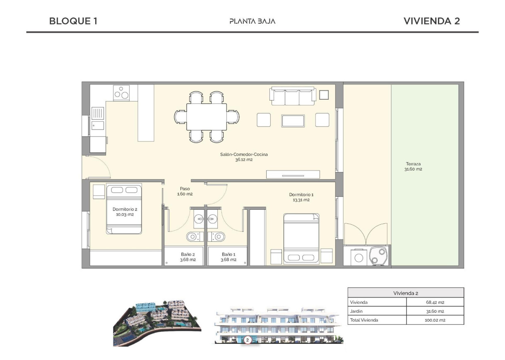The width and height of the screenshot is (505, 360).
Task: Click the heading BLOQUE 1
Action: pyautogui.click(x=73, y=21)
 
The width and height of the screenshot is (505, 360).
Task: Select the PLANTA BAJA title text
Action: pyautogui.click(x=252, y=21)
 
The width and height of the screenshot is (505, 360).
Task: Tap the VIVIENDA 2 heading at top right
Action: pyautogui.click(x=431, y=21)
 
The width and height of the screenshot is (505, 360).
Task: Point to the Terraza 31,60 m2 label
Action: pyautogui.click(x=413, y=166)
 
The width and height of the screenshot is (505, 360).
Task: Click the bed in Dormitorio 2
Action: pyautogui.click(x=124, y=209)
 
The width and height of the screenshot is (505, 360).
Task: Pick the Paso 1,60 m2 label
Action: pyautogui.click(x=185, y=191)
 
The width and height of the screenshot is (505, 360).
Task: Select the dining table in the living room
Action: pyautogui.click(x=207, y=117)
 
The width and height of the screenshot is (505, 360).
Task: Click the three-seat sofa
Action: pyautogui.click(x=293, y=95)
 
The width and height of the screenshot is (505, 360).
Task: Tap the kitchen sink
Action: pyautogui.click(x=98, y=113)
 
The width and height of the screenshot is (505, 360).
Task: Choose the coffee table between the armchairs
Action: pyautogui.click(x=293, y=120)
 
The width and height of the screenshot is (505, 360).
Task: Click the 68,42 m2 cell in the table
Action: pyautogui.click(x=435, y=302)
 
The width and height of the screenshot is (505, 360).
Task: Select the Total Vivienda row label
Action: pyautogui.click(x=364, y=320)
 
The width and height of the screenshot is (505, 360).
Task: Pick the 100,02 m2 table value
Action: pyautogui.click(x=435, y=320)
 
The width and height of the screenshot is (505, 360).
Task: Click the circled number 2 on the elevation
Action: pyautogui.click(x=247, y=340)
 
